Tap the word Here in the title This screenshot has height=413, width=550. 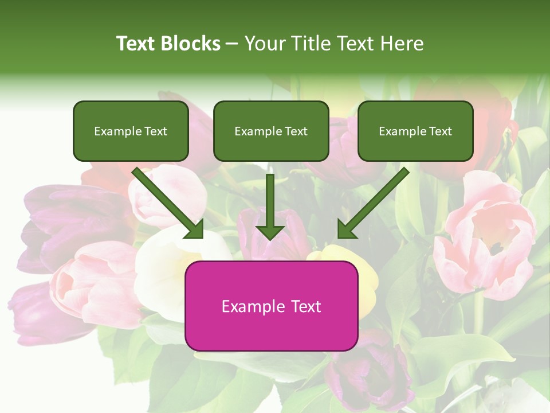point(402,44)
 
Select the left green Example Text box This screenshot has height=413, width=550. point(131,131)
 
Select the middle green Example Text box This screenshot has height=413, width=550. point(271,131)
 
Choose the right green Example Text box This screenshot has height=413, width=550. point(415,131)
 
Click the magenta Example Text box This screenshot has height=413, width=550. point(271,306)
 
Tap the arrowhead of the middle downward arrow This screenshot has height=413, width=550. point(270,231)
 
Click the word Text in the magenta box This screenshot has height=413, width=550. point(305,306)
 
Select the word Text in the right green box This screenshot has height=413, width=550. point(441,131)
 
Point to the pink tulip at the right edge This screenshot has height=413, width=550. point(487,235)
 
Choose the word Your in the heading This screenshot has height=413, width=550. point(264,44)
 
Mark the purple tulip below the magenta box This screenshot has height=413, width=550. point(367,373)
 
